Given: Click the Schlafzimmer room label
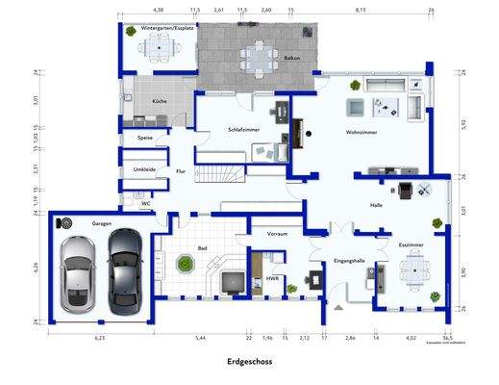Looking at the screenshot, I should click(x=244, y=130).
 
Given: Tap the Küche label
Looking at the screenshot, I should click(x=158, y=102).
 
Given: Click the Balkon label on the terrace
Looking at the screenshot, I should click(x=292, y=58).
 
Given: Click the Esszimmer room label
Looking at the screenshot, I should click(x=411, y=246).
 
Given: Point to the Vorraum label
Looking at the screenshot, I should click(x=279, y=232).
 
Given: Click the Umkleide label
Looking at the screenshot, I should click(x=145, y=169).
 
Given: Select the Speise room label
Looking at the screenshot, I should click(x=145, y=139).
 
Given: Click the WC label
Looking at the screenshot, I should click(x=145, y=203).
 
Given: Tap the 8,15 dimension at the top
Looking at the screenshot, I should click(x=361, y=9).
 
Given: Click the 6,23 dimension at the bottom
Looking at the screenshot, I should click(x=99, y=338).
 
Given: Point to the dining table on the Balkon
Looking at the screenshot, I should click(x=257, y=54).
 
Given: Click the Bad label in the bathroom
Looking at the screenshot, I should click(x=204, y=247).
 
